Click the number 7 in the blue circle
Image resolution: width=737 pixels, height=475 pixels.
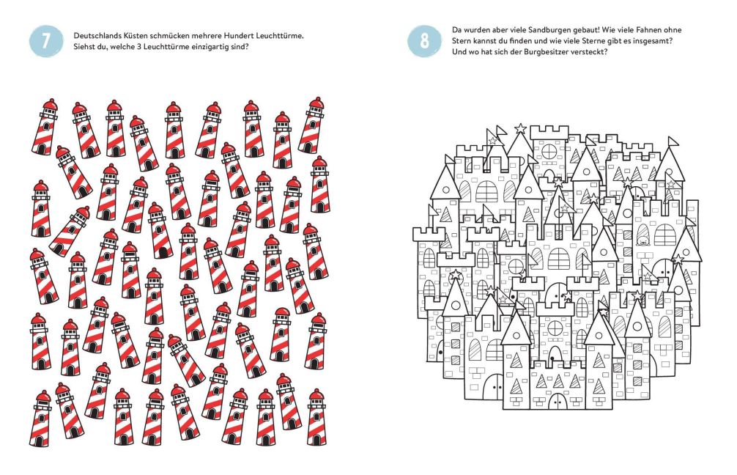[45, 41]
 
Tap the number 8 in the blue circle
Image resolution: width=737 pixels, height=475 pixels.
[424, 41]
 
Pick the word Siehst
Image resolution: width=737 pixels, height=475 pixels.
[84, 47]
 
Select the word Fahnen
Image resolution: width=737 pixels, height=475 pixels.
[646, 30]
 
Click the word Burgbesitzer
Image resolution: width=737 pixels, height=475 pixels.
[532, 52]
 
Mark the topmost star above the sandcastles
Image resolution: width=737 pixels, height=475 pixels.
[520, 128]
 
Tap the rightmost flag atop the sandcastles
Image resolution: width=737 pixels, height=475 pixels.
[673, 141]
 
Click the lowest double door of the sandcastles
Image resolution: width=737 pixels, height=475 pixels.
[558, 401]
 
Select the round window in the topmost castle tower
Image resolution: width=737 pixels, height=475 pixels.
[549, 152]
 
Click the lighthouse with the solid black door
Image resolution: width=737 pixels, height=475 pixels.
[160, 230]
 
